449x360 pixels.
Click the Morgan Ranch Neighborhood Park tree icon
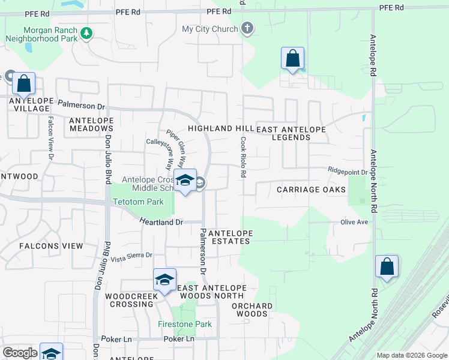coord(87,32)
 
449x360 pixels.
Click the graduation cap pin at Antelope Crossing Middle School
coord(185,180)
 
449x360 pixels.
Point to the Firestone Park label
coord(184,324)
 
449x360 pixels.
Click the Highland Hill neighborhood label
coord(221,128)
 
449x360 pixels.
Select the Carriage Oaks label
coord(311,190)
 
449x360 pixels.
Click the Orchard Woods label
coord(252,310)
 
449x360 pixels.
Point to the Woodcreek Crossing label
coord(131,300)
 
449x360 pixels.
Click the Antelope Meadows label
coord(91,124)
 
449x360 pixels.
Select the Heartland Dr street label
coord(161,222)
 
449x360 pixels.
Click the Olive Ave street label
coord(354,222)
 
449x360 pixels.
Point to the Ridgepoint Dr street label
coord(348,172)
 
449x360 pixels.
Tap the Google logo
coord(20,353)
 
